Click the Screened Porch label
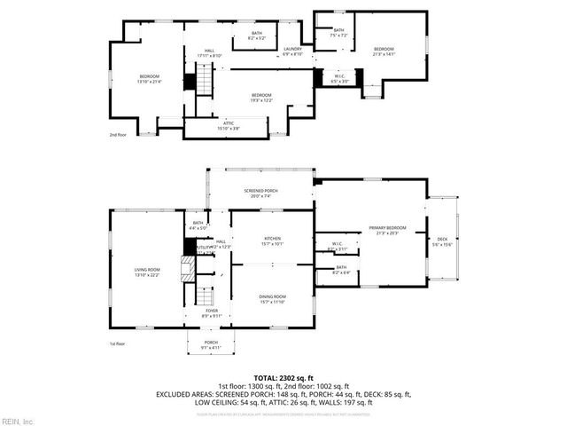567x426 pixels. click(260, 191)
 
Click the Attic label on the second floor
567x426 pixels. click(229, 125)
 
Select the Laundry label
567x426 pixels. click(293, 49)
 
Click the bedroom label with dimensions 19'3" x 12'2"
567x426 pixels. click(261, 95)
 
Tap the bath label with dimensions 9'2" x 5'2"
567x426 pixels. click(254, 33)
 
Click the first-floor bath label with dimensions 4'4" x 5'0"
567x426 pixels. click(198, 223)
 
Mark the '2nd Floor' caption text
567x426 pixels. click(118, 135)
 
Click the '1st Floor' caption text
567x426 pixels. click(118, 343)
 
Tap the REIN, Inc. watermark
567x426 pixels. click(17, 420)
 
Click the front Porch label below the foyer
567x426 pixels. click(212, 342)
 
